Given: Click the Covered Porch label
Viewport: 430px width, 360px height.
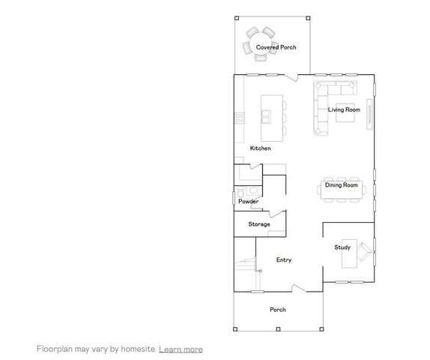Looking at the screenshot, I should [x=276, y=47].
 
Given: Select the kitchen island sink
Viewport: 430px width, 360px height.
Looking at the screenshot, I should [x=267, y=115].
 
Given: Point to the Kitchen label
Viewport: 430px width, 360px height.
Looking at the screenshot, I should [x=261, y=148].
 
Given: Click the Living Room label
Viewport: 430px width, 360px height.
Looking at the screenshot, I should [x=345, y=109].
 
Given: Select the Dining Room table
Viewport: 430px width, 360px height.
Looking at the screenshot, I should [x=343, y=190].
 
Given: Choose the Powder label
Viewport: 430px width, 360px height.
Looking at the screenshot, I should [x=248, y=202].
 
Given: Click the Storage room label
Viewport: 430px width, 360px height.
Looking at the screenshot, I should [x=259, y=224].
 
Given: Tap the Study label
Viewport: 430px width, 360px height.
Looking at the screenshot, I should [x=342, y=247].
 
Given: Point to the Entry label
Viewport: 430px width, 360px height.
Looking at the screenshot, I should [x=284, y=260].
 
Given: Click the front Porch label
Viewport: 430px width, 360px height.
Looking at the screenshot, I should [x=277, y=310].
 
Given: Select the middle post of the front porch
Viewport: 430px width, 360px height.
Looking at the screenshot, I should [x=277, y=329].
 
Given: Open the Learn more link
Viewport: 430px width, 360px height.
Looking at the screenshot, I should [x=181, y=349].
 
